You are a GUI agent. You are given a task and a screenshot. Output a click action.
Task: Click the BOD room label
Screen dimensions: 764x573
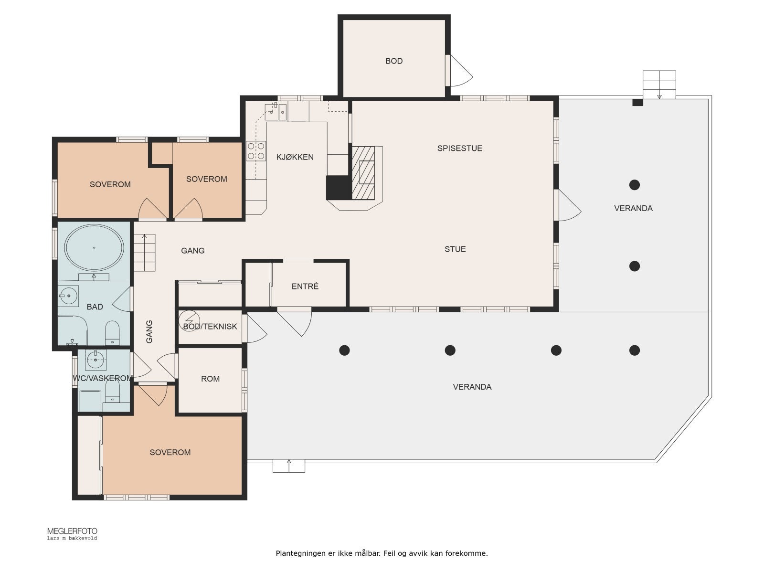point(393,61)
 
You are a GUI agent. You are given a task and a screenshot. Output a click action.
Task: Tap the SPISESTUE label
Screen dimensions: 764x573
point(459,148)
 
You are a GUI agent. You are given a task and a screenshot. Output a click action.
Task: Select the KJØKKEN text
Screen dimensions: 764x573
point(295,157)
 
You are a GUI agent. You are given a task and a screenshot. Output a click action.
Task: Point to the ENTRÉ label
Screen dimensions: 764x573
point(305,286)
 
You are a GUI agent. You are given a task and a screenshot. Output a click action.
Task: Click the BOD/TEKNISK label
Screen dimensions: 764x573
point(210,326)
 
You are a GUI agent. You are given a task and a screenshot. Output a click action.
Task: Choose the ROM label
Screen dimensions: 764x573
point(210,379)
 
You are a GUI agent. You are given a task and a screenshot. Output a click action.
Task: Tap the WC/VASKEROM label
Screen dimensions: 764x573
point(103,378)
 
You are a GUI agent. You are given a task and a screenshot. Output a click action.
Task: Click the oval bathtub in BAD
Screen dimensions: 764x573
point(94,248)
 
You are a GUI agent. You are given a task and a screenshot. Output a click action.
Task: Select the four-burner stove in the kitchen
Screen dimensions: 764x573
point(256,151)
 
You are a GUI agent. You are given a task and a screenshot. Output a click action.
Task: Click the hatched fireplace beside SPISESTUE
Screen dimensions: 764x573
point(363,172)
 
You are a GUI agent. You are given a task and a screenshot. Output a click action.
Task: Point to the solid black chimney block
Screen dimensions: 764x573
point(339,188)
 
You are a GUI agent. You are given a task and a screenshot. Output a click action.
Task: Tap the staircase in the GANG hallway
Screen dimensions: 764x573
point(145,253)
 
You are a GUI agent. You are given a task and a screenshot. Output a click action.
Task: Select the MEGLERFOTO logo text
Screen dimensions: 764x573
point(72,531)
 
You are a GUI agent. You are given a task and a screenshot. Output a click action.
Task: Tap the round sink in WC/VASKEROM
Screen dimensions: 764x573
point(95,360)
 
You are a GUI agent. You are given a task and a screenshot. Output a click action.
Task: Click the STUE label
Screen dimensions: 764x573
point(455,249)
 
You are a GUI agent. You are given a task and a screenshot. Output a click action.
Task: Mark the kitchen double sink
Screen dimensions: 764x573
point(276,112)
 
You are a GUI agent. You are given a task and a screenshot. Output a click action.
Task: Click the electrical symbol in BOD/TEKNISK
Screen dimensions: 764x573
point(190,320)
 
